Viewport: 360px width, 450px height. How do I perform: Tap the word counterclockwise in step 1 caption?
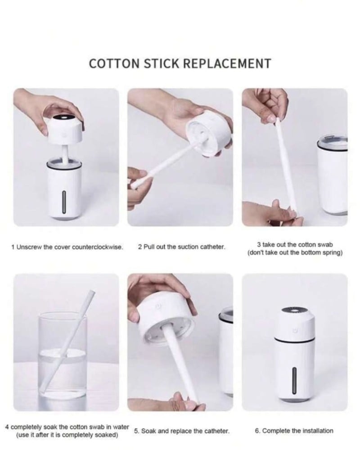pyautogui.click(x=97, y=247)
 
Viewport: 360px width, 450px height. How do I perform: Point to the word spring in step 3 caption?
pyautogui.click(x=334, y=253)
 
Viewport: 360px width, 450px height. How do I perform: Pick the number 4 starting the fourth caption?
pyautogui.click(x=7, y=427)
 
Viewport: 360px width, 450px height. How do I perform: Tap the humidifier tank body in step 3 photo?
pyautogui.click(x=333, y=175)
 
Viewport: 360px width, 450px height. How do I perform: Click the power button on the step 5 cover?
pyautogui.click(x=157, y=307)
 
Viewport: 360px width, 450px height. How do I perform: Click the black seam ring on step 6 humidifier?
pyautogui.click(x=294, y=341)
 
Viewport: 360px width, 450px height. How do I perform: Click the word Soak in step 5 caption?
pyautogui.click(x=148, y=431)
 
